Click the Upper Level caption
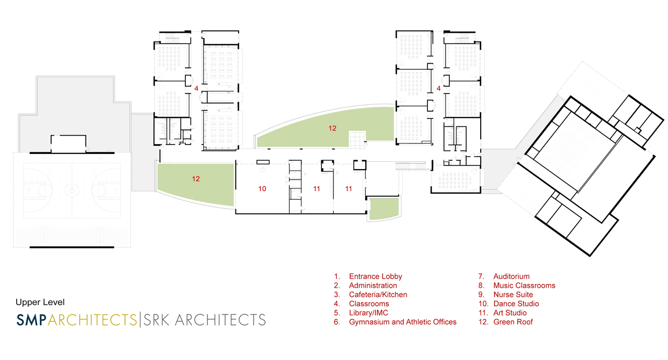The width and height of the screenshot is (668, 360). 40,302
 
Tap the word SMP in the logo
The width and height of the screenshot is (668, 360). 31,319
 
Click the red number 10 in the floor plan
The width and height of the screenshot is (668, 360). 262,189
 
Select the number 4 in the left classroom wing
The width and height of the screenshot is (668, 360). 196,89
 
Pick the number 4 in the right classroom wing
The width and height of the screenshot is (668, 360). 438,89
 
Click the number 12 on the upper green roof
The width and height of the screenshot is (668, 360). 332,128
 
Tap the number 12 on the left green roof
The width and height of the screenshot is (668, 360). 196,179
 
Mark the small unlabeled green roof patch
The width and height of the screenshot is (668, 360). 384,209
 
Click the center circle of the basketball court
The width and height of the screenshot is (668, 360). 70,191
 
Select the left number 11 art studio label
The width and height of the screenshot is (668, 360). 316,189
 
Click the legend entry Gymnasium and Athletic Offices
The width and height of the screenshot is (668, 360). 402,322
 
